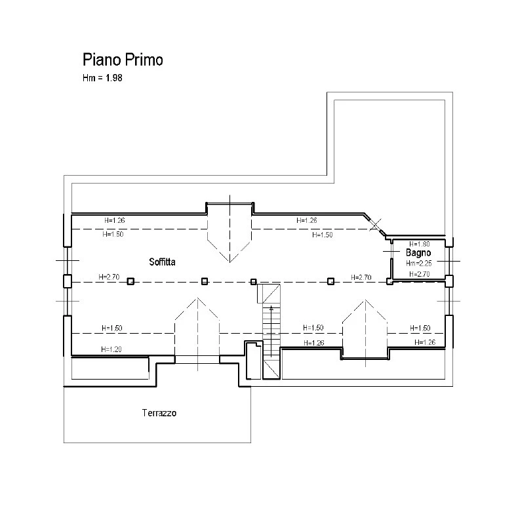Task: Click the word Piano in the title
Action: click(x=102, y=60)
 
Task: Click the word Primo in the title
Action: click(x=144, y=60)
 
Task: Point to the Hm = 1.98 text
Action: click(x=102, y=78)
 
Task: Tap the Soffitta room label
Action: click(x=162, y=262)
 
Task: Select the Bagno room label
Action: click(x=418, y=253)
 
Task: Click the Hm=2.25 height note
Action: click(x=419, y=264)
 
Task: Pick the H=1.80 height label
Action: click(x=420, y=244)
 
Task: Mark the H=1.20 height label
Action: click(x=111, y=349)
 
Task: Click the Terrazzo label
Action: click(x=159, y=413)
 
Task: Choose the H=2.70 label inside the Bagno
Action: click(x=420, y=274)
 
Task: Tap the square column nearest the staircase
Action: click(x=253, y=282)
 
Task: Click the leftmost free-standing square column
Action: click(x=131, y=281)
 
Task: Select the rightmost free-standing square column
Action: click(x=330, y=281)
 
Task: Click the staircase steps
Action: click(x=271, y=331)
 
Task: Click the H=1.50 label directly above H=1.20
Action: click(x=112, y=328)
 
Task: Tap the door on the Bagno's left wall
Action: click(x=391, y=251)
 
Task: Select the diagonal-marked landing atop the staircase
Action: click(x=269, y=293)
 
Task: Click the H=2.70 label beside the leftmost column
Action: click(x=109, y=277)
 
